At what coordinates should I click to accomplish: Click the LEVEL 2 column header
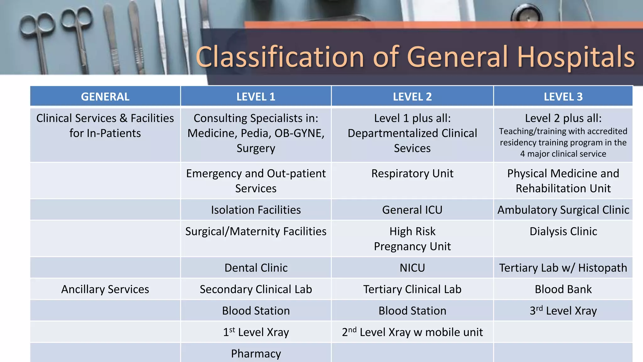click(x=412, y=96)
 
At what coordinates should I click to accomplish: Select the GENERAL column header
click(x=105, y=96)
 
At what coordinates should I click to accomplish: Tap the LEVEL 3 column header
click(x=563, y=96)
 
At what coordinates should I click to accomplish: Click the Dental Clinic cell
click(x=256, y=268)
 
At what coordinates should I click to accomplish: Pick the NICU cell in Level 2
click(x=412, y=268)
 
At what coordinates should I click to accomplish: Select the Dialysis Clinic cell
click(x=563, y=232)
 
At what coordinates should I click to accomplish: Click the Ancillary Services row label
click(x=105, y=289)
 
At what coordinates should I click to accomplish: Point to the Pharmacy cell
click(x=256, y=354)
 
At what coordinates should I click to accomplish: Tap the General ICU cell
click(x=412, y=210)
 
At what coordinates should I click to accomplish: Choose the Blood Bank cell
click(x=563, y=289)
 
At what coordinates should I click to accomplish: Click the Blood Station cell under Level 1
click(x=256, y=311)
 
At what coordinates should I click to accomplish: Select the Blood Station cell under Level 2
click(x=412, y=311)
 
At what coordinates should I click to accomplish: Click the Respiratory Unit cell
click(x=412, y=173)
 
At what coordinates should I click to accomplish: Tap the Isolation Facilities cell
click(x=256, y=210)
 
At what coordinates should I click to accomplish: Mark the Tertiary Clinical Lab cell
click(x=412, y=289)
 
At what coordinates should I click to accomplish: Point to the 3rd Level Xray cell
click(x=563, y=311)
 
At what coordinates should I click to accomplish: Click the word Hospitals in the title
click(x=576, y=57)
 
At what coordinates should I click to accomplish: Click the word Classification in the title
click(x=279, y=57)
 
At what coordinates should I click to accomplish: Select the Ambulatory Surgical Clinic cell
click(x=563, y=210)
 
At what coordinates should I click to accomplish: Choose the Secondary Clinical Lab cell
click(x=256, y=289)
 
